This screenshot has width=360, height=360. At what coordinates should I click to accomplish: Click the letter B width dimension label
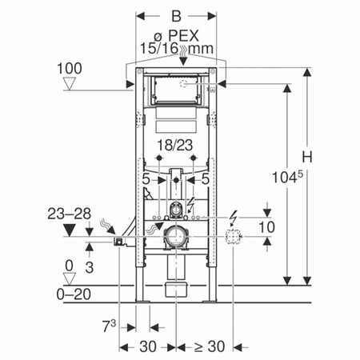(x=176, y=16)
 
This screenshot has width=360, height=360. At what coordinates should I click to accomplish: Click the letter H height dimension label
(x=307, y=157)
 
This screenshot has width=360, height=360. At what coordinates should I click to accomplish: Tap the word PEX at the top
(x=184, y=35)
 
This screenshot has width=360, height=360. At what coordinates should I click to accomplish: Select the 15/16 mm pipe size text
(x=177, y=49)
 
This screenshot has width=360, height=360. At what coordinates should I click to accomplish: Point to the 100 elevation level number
(x=70, y=69)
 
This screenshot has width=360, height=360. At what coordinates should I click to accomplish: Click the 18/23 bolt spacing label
(x=175, y=146)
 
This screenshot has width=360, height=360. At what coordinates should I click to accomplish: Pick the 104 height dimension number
(x=284, y=178)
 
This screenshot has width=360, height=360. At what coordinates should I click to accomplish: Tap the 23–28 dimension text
(x=70, y=214)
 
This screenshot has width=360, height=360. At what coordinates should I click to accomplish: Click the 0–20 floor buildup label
(x=74, y=294)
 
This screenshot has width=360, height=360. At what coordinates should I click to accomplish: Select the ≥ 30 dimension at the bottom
(x=209, y=346)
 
